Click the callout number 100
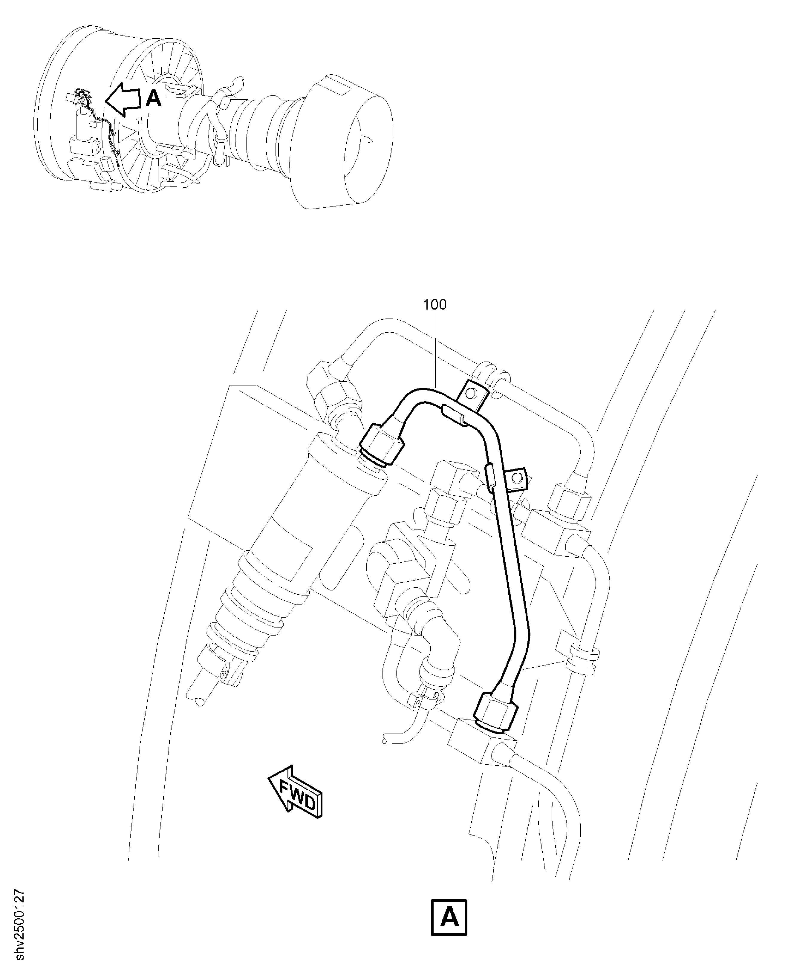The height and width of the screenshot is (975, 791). [435, 304]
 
